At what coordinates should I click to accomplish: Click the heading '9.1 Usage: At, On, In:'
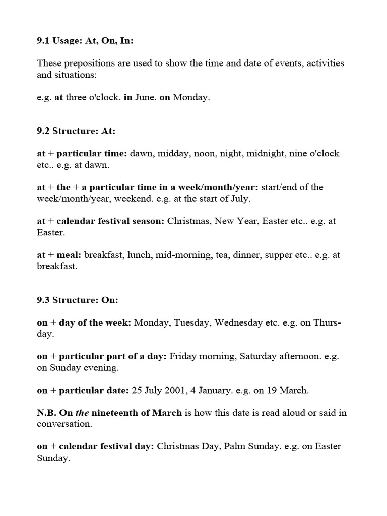85,41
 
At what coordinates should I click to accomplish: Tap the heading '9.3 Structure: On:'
78,300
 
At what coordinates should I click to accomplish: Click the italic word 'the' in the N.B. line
82,413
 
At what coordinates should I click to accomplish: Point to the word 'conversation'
64,424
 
